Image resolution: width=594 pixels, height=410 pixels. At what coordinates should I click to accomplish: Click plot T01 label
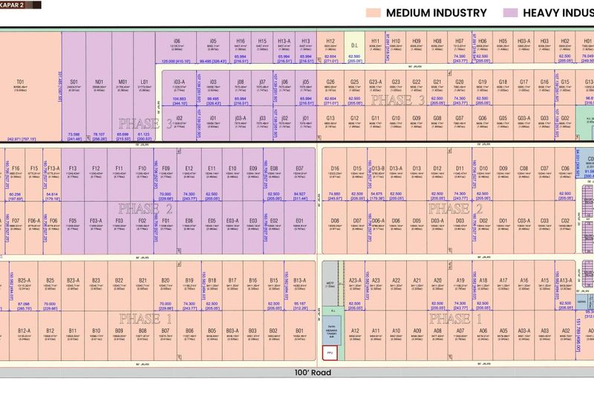coord(21,82)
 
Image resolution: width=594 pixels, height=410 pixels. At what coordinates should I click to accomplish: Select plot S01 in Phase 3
coord(74,82)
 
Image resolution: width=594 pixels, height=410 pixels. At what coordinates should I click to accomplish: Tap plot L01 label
coord(144,82)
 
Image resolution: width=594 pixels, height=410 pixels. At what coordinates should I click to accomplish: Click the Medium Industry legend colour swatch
coord(373,13)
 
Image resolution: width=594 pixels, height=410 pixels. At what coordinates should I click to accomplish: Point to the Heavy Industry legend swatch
coord(509,13)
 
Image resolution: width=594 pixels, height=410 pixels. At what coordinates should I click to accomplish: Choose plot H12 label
coord(330,42)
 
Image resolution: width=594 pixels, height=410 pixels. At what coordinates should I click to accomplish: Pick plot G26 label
coord(330,82)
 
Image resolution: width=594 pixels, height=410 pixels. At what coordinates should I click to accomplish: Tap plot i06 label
coord(177,42)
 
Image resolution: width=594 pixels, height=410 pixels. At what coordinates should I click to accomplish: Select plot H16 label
coord(240,42)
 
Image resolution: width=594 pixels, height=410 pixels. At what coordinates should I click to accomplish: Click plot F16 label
coord(16,169)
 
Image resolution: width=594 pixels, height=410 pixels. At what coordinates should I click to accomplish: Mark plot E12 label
coord(189,169)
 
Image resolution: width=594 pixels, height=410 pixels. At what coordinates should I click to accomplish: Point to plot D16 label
coord(334,169)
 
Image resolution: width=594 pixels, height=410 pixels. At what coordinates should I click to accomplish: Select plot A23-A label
coord(355,280)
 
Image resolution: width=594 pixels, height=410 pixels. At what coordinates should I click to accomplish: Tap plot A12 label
coord(355,331)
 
